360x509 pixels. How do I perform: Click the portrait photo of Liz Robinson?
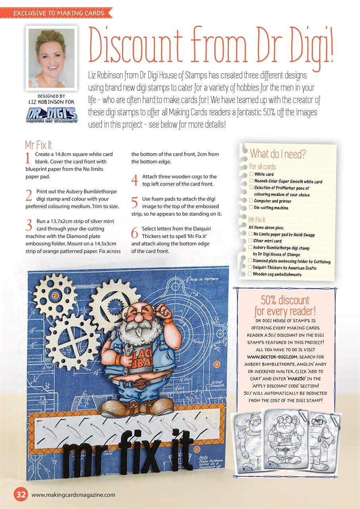click(x=52, y=56)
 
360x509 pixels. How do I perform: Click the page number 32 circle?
click(x=21, y=494)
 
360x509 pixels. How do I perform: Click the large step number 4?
click(x=135, y=180)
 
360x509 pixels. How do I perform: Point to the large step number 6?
click(x=135, y=233)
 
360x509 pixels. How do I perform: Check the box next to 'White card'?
click(x=251, y=174)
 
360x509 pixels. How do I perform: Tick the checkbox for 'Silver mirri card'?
click(x=250, y=241)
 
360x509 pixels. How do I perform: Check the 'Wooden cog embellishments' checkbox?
click(x=250, y=274)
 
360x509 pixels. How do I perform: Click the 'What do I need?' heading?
click(x=278, y=154)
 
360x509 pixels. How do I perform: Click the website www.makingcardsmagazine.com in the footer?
click(x=73, y=495)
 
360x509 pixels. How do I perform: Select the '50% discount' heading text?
click(x=285, y=299)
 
